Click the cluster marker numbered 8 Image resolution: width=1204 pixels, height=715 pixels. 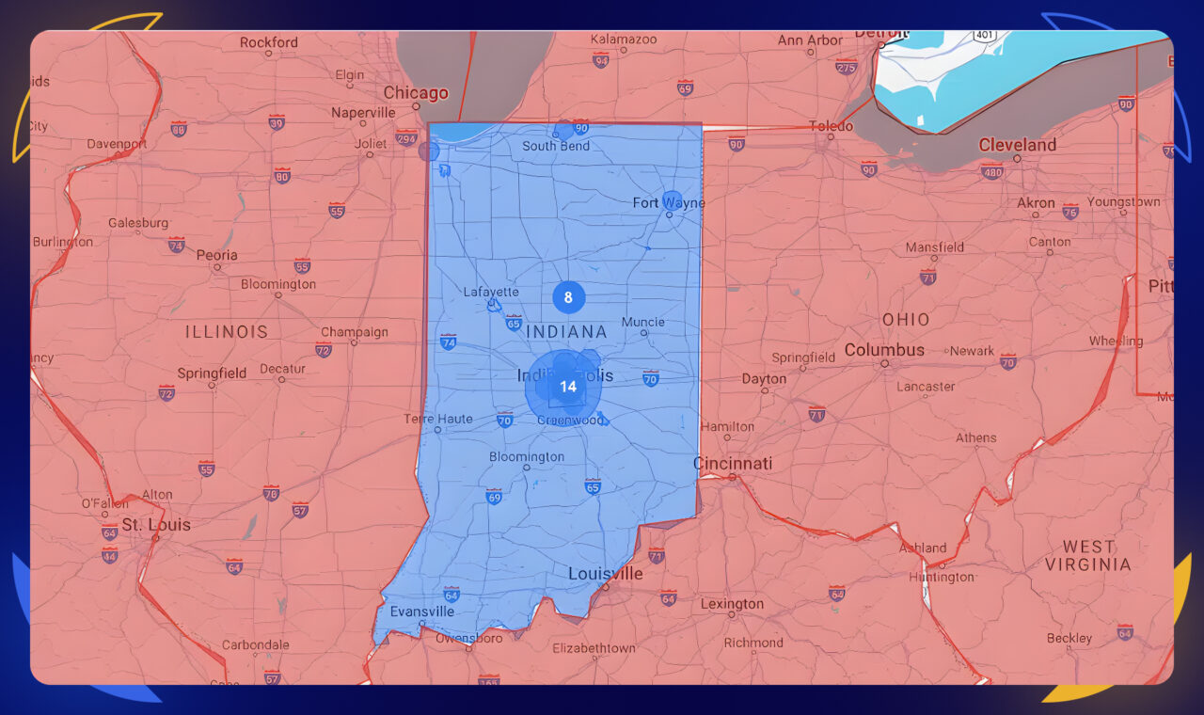[568, 298]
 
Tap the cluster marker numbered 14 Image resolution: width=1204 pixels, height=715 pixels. [567, 387]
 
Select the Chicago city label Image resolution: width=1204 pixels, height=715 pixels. [416, 93]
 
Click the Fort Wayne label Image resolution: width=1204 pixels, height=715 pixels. [668, 203]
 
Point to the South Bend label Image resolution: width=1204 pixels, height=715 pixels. [556, 146]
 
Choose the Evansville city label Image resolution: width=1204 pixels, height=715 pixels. [422, 612]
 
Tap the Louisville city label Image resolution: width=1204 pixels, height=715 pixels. [605, 574]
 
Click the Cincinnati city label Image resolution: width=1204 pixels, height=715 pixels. [733, 464]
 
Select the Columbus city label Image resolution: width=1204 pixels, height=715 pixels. [884, 350]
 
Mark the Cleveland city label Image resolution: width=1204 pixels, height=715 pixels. [1017, 145]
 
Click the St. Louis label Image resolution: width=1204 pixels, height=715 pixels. [156, 525]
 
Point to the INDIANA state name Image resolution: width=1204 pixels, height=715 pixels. [566, 332]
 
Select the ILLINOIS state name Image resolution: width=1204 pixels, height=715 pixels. [226, 332]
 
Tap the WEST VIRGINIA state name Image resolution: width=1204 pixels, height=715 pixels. [1088, 555]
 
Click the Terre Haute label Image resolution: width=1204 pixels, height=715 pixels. [438, 419]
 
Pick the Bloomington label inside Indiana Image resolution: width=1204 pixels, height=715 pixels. [527, 457]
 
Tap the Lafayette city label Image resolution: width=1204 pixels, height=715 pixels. [491, 293]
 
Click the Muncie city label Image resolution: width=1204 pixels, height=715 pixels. [643, 322]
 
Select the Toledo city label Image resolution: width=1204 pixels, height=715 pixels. [832, 126]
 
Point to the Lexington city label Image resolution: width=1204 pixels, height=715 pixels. [732, 604]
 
